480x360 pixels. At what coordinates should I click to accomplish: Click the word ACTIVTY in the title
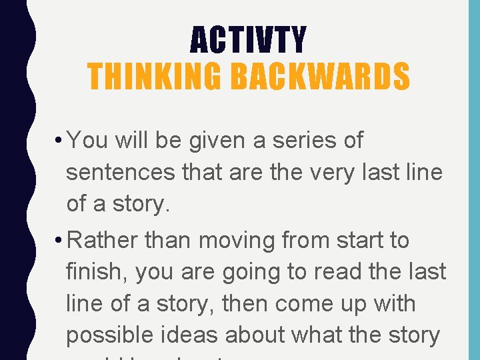(x=248, y=39)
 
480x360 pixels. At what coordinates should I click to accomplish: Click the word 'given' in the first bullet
(x=207, y=141)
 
